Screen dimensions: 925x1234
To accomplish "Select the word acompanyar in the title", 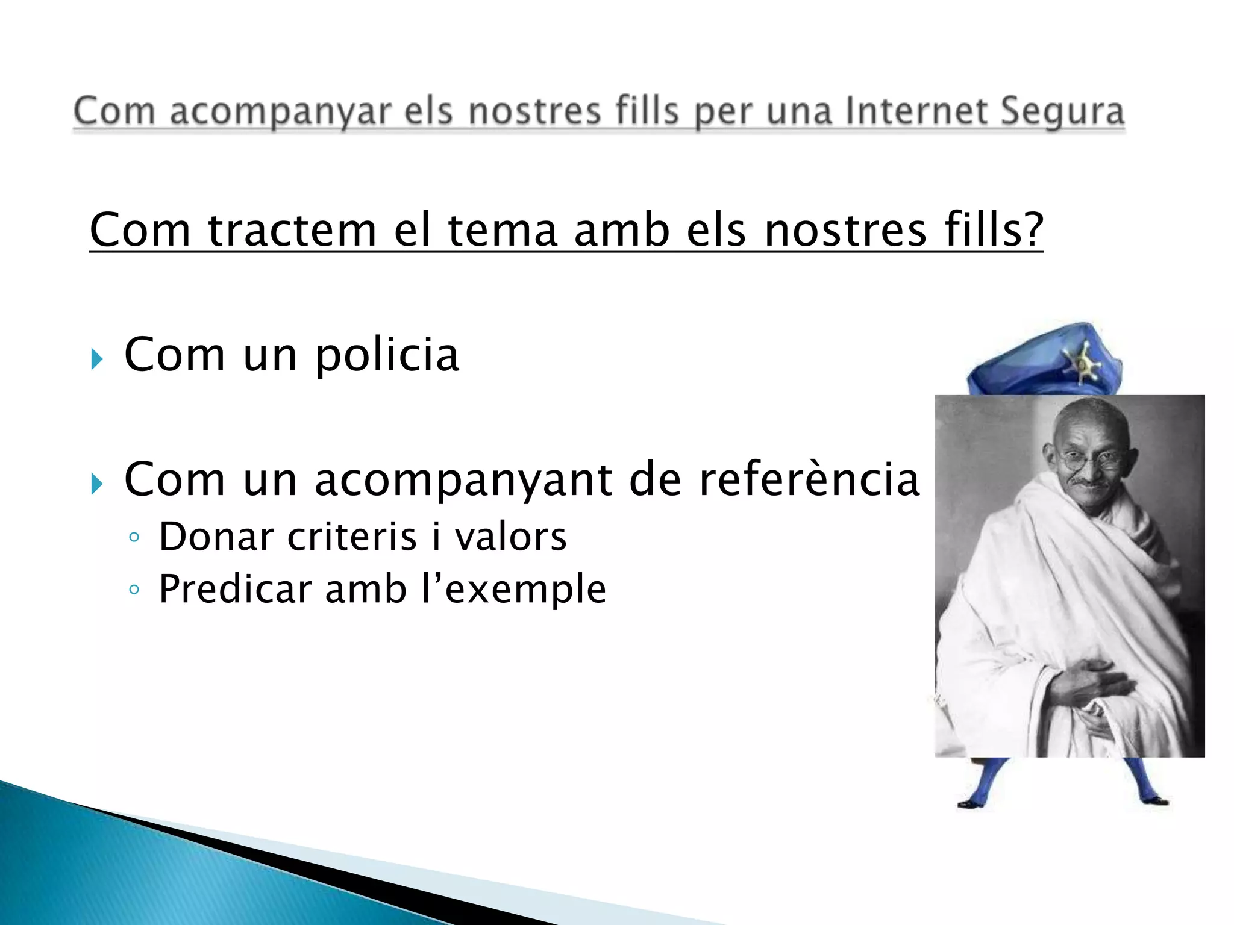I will click(280, 113).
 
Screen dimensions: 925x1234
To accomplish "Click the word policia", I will click(387, 355).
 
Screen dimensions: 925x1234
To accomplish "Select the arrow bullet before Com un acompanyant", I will click(97, 484).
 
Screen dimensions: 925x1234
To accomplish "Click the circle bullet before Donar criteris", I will click(134, 537).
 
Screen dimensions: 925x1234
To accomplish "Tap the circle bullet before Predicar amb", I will click(134, 589).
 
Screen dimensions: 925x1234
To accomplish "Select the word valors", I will click(510, 537).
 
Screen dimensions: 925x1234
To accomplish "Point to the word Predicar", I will click(235, 589).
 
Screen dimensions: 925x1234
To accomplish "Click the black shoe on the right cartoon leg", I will click(1154, 800).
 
